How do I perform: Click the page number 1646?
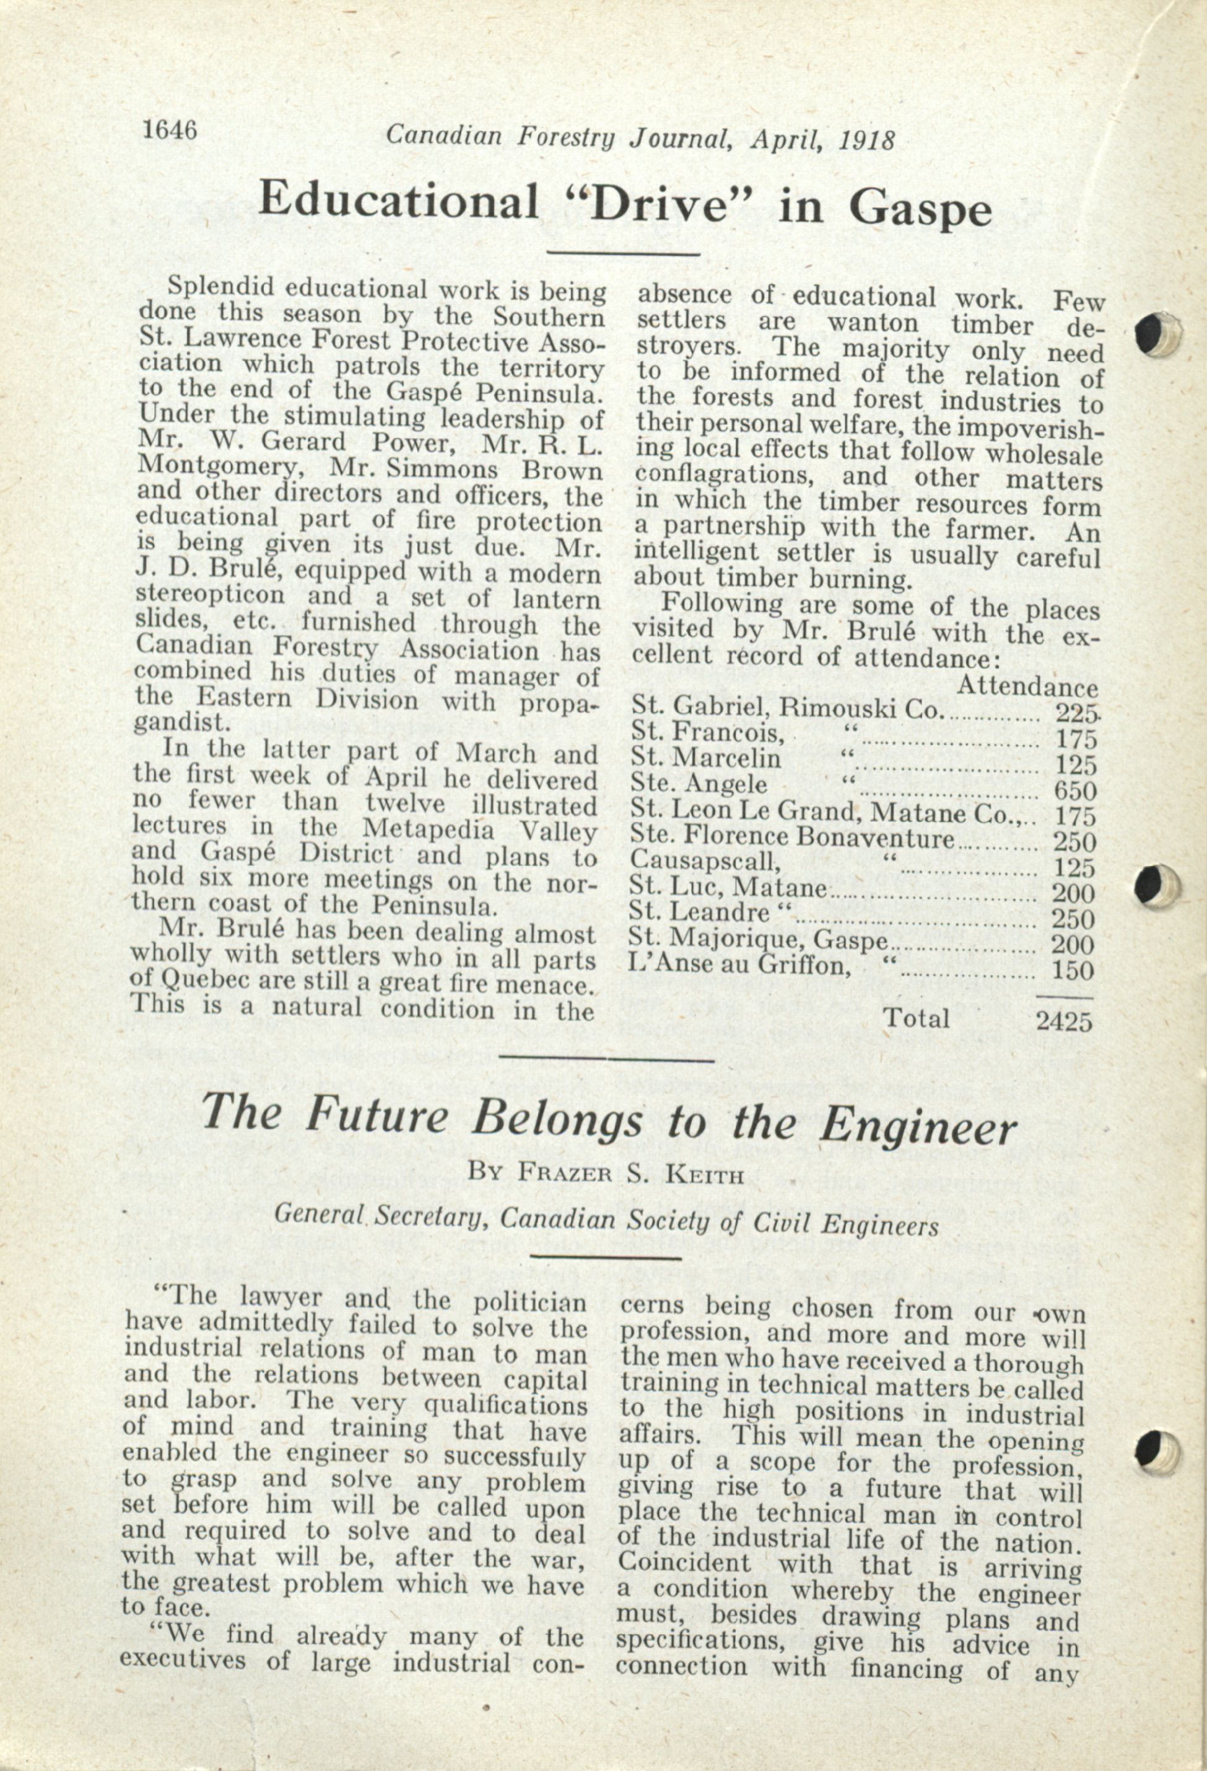click(x=168, y=131)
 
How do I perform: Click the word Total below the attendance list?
click(x=916, y=1018)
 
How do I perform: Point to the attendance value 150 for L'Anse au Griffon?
click(x=1073, y=971)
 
